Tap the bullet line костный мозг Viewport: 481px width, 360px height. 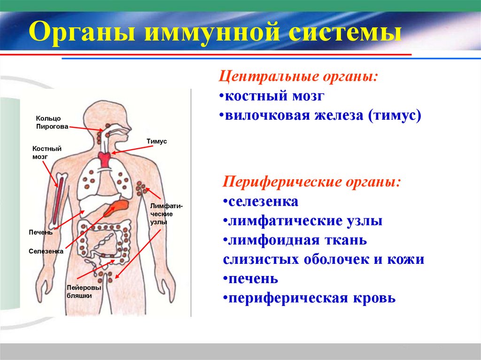(x=274, y=96)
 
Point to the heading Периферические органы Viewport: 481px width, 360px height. (x=312, y=182)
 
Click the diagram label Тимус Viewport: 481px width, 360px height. (x=157, y=141)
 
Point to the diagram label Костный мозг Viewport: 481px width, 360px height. (x=47, y=153)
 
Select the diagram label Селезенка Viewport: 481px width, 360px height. (x=46, y=252)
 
